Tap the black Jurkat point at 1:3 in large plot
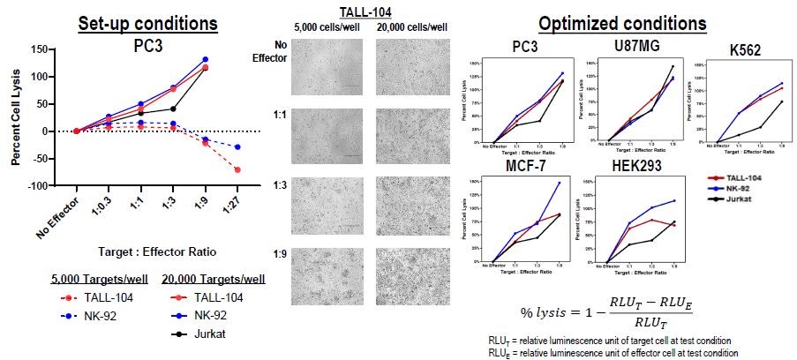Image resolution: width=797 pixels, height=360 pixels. tap(174, 109)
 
